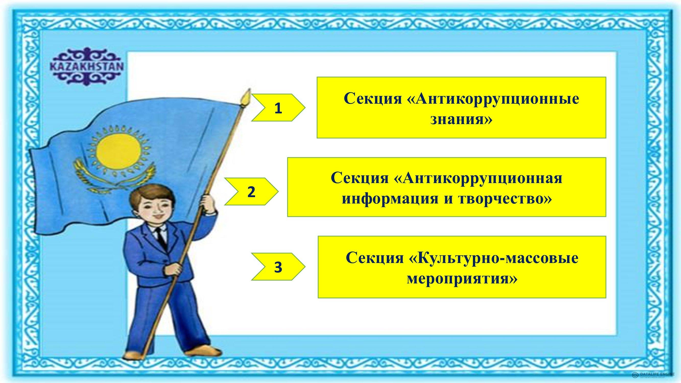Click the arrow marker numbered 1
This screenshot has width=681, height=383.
[x=278, y=107]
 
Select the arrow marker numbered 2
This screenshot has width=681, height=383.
[x=251, y=192]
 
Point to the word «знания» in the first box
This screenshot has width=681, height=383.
[x=461, y=119]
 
